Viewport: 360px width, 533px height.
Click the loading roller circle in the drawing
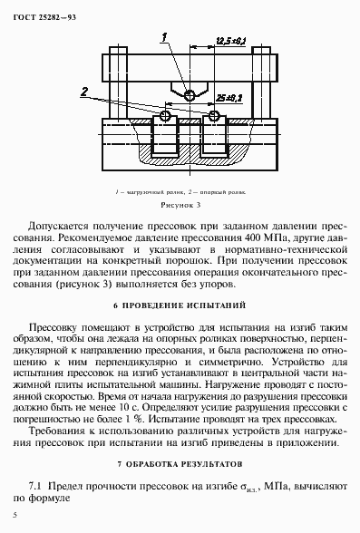[x=189, y=95]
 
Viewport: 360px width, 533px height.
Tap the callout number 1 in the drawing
[x=163, y=37]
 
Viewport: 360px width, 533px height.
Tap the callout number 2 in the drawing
[x=83, y=92]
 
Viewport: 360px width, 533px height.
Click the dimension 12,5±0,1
[x=231, y=40]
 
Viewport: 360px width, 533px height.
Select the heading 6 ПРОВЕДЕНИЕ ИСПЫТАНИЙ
[x=182, y=305]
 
